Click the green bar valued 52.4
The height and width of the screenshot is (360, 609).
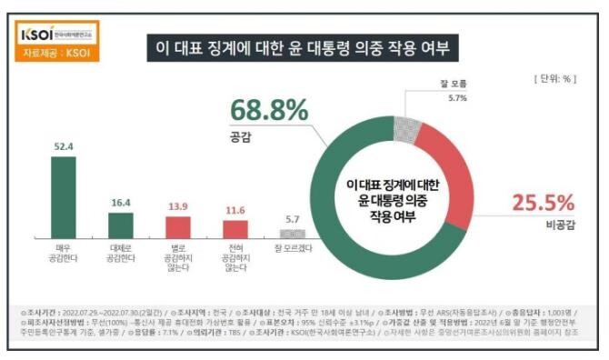tap(63, 196)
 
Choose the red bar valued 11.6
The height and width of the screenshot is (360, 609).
tap(235, 229)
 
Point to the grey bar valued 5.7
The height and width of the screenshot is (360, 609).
tap(293, 234)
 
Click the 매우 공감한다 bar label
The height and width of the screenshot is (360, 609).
tap(63, 252)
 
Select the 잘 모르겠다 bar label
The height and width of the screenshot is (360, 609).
tap(293, 247)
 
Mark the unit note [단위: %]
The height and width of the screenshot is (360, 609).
tap(551, 79)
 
